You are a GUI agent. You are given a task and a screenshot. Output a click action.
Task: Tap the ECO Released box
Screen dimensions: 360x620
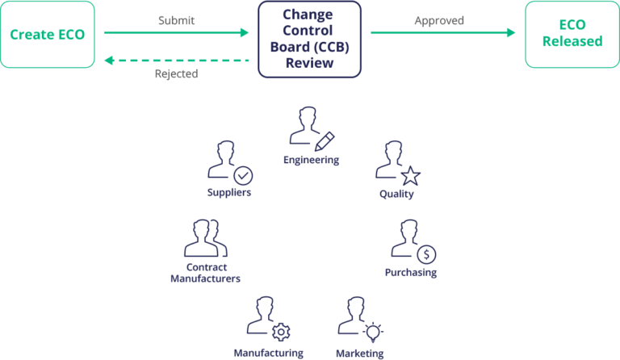click(x=572, y=34)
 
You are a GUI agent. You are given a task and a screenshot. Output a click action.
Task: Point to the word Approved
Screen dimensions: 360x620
click(x=438, y=20)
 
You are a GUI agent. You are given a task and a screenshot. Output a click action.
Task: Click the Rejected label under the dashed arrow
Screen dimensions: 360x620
click(x=176, y=74)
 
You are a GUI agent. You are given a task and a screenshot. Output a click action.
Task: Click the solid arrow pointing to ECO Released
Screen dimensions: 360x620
click(x=442, y=33)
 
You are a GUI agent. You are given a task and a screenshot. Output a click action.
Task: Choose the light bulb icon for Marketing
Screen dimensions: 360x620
click(x=373, y=331)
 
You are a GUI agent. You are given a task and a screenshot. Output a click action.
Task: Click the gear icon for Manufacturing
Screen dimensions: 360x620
click(x=281, y=332)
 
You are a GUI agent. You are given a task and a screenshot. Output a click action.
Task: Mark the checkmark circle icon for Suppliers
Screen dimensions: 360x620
click(x=242, y=174)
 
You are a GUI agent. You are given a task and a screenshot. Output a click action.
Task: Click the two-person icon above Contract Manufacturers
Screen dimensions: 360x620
click(x=206, y=238)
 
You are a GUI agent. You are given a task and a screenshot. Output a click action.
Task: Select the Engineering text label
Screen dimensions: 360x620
click(x=311, y=160)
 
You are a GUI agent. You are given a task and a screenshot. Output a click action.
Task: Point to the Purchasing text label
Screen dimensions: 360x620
click(x=410, y=273)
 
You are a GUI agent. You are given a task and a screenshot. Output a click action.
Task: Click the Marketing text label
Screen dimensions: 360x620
click(x=359, y=353)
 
